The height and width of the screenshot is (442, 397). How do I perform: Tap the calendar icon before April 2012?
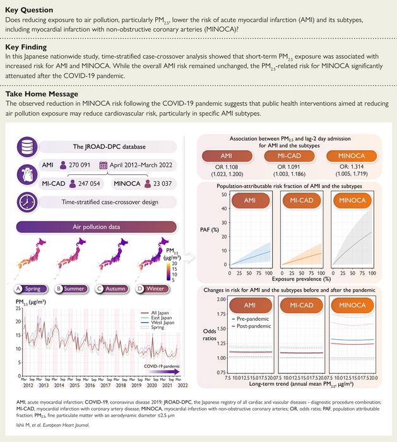click(x=104, y=165)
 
